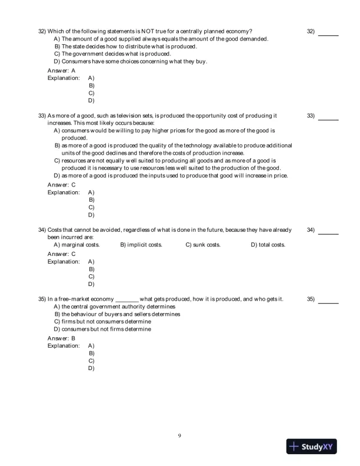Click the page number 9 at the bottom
coord(179,435)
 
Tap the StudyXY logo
coord(315,447)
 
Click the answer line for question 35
coord(328,304)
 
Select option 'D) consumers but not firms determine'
coord(102,329)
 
